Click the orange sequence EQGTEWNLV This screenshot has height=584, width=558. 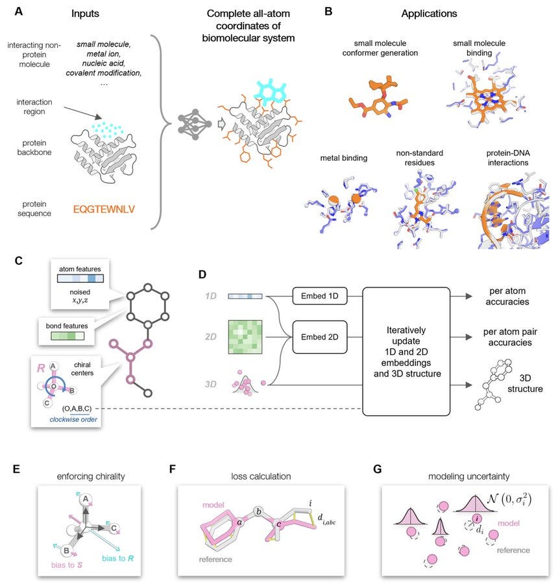click(x=106, y=210)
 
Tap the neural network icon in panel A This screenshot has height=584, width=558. click(x=193, y=121)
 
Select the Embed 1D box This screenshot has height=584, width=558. click(x=321, y=297)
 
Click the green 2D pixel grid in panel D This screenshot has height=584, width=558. click(x=245, y=337)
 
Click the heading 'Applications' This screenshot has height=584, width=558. click(x=429, y=12)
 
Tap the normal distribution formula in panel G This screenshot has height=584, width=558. click(x=511, y=498)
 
